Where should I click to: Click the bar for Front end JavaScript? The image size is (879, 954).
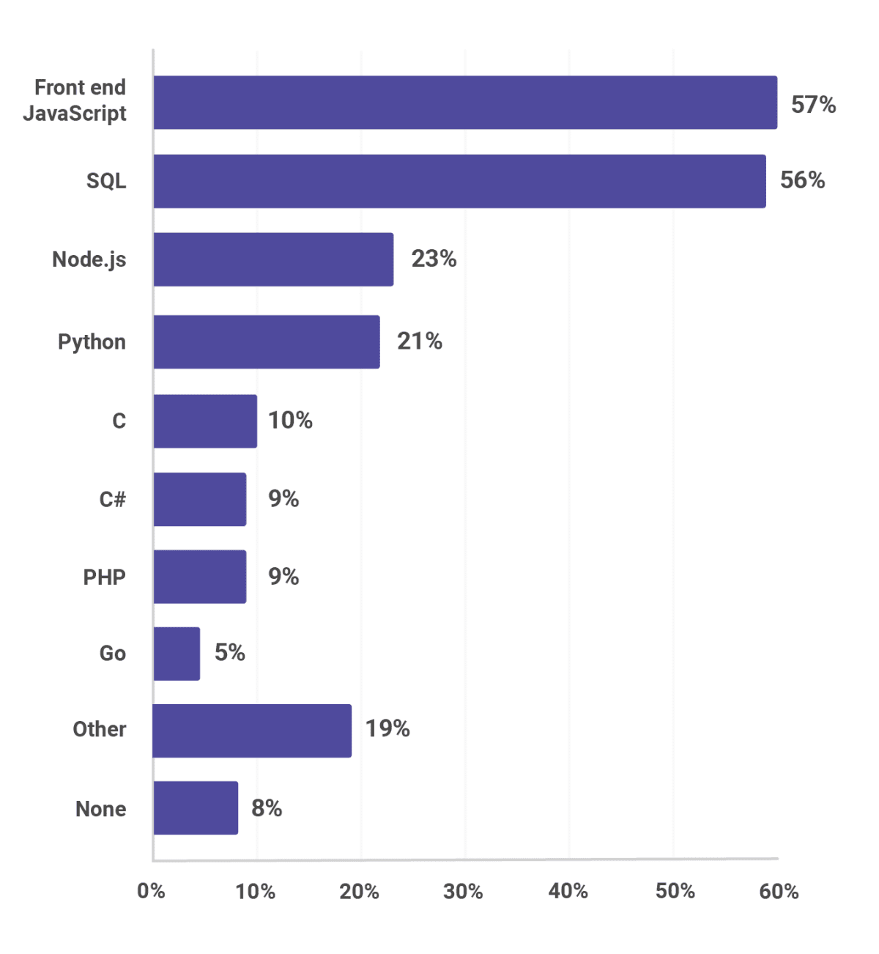(465, 103)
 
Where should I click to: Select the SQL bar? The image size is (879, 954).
(459, 181)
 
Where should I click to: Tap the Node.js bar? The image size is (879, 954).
(273, 259)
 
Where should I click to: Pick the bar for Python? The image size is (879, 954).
(267, 342)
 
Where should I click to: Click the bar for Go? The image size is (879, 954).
(177, 654)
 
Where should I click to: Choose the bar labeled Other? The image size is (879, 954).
(252, 731)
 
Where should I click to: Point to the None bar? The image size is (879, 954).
(196, 808)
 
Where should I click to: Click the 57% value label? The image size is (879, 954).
(813, 105)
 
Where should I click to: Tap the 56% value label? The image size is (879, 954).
(802, 180)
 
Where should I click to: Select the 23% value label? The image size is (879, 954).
(434, 259)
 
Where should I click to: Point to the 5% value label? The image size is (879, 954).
(229, 652)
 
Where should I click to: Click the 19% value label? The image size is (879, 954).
(387, 728)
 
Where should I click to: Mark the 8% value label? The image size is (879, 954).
(267, 807)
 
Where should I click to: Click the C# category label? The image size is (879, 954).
(112, 499)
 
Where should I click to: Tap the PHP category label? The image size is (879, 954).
(104, 577)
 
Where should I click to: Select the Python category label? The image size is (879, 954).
(92, 342)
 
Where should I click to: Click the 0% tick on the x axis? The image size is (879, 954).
(151, 891)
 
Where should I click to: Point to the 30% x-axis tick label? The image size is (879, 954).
(463, 891)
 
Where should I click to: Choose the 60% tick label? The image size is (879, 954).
(779, 891)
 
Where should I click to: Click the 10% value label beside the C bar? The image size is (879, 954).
(290, 420)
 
